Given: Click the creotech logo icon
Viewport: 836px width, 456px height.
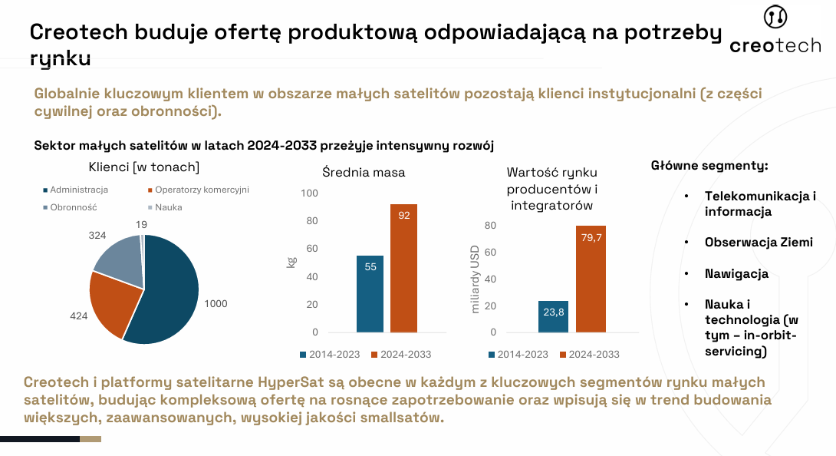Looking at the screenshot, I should (x=775, y=18).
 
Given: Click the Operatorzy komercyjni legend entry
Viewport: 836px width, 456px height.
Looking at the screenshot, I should (x=197, y=190).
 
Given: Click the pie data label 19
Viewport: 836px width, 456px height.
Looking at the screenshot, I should (x=142, y=224).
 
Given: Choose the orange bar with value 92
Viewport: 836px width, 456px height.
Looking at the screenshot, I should (x=403, y=268).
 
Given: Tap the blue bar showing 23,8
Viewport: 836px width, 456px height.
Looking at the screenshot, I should (x=553, y=316).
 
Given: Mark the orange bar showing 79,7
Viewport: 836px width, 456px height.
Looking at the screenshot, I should (x=591, y=279).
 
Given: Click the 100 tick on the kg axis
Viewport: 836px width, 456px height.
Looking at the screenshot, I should (x=309, y=193).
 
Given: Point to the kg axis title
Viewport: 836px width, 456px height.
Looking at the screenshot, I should (x=291, y=263).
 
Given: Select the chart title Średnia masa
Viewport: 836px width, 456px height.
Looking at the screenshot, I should (x=363, y=172).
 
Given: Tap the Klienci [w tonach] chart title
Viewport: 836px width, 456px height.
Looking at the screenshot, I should (x=144, y=167).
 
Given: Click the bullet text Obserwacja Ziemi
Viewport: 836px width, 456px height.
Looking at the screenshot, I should (x=759, y=242).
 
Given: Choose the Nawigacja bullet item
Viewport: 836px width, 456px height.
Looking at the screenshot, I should (x=736, y=273).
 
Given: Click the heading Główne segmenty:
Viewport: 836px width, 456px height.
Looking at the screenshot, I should (x=709, y=165).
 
